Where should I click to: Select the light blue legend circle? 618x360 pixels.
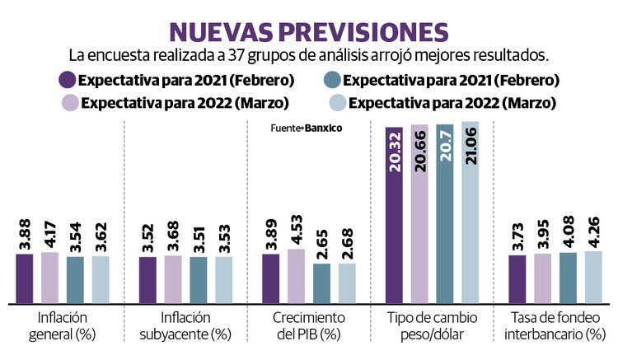pos(336,104)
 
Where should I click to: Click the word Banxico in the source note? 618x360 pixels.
pos(323,129)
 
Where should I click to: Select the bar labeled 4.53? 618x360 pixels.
pos(296,276)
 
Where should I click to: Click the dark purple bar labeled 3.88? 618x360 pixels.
pos(25,278)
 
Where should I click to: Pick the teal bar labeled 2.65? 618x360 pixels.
pos(321,283)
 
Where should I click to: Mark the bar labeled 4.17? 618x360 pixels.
pos(49,278)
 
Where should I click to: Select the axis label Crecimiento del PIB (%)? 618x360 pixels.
pos(308,325)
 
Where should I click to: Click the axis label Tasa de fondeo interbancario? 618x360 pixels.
pos(555,325)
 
